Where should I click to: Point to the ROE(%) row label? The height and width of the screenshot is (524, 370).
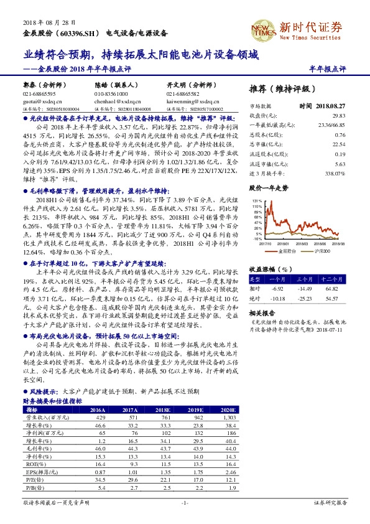pos(34,464)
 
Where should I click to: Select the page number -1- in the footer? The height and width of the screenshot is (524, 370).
pos(185,502)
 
